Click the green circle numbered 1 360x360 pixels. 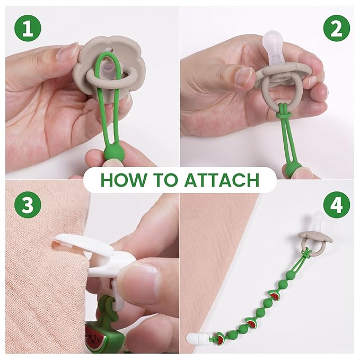pyautogui.click(x=28, y=28)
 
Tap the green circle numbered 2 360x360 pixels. pyautogui.click(x=337, y=28)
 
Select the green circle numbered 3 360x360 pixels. pyautogui.click(x=28, y=205)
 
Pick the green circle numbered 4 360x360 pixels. pyautogui.click(x=337, y=205)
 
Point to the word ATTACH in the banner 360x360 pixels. pyautogui.click(x=222, y=180)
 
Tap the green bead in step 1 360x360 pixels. pyautogui.click(x=111, y=152)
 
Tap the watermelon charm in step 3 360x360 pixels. pyautogui.click(x=96, y=336)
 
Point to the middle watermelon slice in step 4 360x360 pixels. pyautogui.click(x=251, y=323)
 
